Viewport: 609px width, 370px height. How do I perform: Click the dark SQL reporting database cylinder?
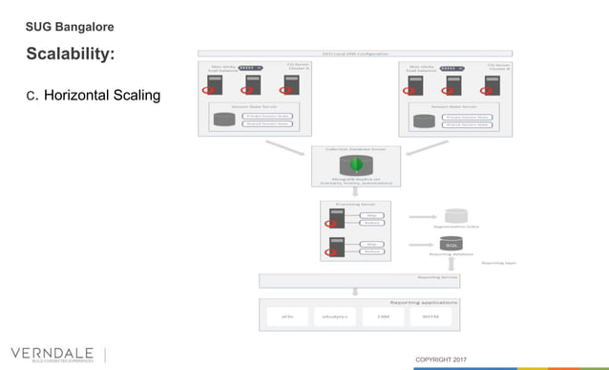(451, 245)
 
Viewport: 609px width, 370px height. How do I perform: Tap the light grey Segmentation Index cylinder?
(456, 215)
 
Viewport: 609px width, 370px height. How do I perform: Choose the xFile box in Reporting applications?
(287, 316)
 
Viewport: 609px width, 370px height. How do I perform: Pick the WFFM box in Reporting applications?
(430, 316)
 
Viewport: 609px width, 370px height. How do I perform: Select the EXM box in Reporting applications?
(383, 316)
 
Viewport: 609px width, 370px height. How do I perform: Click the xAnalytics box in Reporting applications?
(335, 316)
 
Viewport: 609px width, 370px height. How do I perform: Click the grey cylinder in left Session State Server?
(223, 120)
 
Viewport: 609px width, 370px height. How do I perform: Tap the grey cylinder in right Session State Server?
(425, 120)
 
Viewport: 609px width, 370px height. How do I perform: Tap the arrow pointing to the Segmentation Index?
(424, 216)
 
